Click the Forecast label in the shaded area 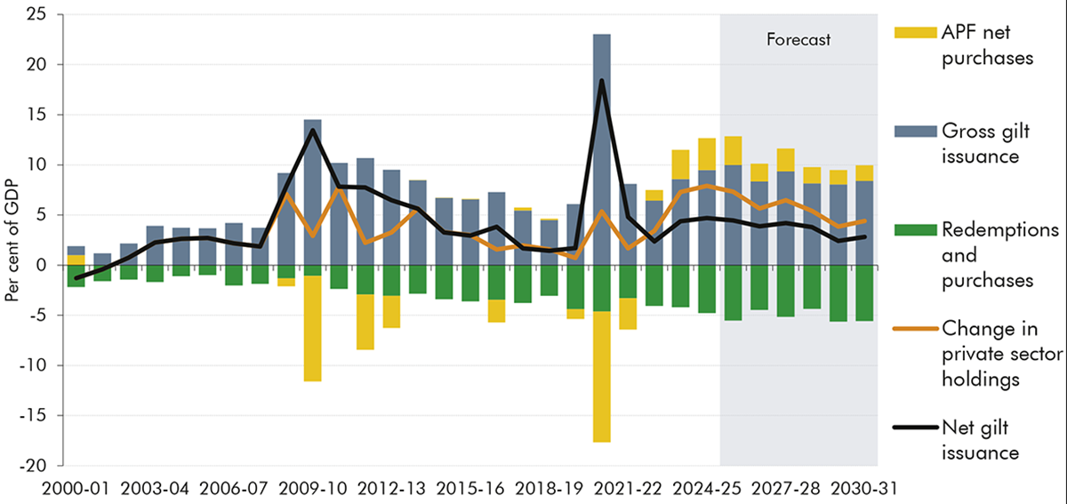coord(798,39)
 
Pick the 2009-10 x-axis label coord(312,488)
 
